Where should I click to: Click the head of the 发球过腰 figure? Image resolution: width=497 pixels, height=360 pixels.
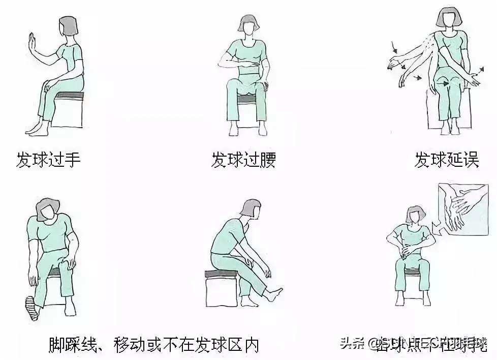(x=248, y=26)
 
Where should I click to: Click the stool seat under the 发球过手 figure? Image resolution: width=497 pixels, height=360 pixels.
(x=69, y=96)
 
